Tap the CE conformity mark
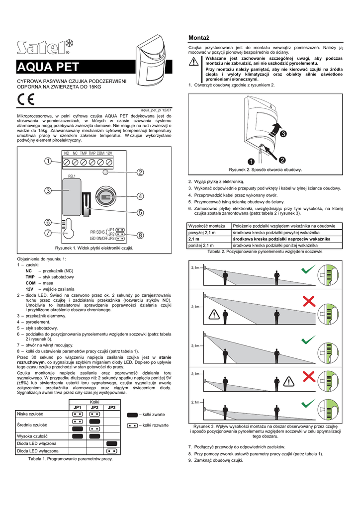click(x=24, y=98)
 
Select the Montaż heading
click(x=199, y=38)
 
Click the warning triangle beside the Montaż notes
click(x=194, y=63)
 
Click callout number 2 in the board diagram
click(x=140, y=172)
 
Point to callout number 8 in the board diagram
click(x=140, y=235)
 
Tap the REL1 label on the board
click(x=72, y=176)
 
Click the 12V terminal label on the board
click(x=109, y=153)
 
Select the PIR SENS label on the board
click(x=97, y=232)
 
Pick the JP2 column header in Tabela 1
click(x=94, y=407)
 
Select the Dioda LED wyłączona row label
click(x=37, y=451)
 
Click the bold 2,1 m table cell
click(x=193, y=239)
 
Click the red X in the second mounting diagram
click(x=309, y=300)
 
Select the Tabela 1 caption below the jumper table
click(x=71, y=459)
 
